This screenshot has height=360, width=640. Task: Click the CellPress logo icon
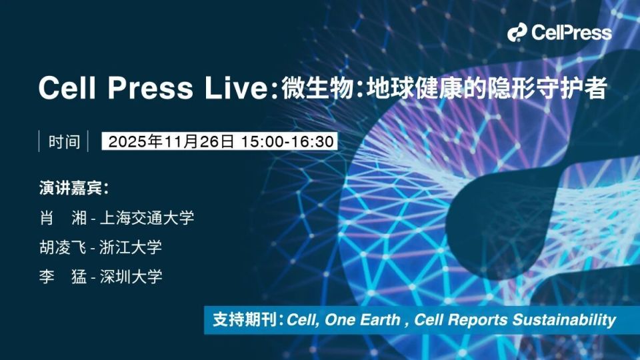click(x=518, y=32)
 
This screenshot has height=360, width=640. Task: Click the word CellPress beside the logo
click(x=571, y=32)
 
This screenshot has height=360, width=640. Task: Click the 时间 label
click(x=64, y=141)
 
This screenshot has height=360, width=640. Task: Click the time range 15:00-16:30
click(x=287, y=141)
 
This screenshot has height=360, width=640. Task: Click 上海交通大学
click(x=147, y=217)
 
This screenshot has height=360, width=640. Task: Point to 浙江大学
click(x=131, y=247)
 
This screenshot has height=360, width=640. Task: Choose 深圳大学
click(x=131, y=277)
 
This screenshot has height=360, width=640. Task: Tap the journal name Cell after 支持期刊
click(x=299, y=320)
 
